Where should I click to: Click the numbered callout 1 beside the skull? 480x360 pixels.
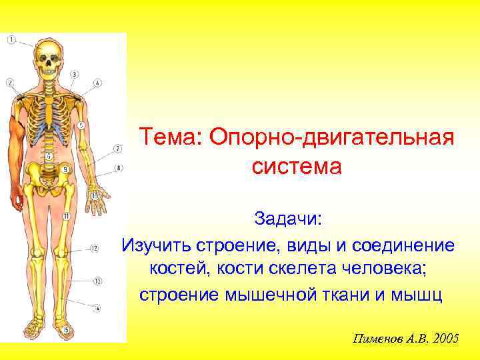coord(11,41)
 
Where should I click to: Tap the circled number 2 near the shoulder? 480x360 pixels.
coord(9,83)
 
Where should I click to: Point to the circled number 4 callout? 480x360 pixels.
coord(97,83)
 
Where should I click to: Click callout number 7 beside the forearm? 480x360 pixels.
coord(117,148)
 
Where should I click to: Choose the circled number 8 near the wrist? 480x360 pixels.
coord(118,167)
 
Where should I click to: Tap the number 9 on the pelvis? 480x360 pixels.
coord(65,169)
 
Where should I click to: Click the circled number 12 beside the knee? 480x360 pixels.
coord(94,249)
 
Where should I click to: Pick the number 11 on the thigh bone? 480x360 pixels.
coord(66,217)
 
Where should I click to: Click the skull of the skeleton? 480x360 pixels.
coord(47,59)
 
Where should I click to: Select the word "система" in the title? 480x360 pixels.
coord(297,166)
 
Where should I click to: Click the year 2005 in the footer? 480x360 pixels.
coord(445,338)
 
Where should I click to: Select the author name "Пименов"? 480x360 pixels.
coord(378,338)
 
